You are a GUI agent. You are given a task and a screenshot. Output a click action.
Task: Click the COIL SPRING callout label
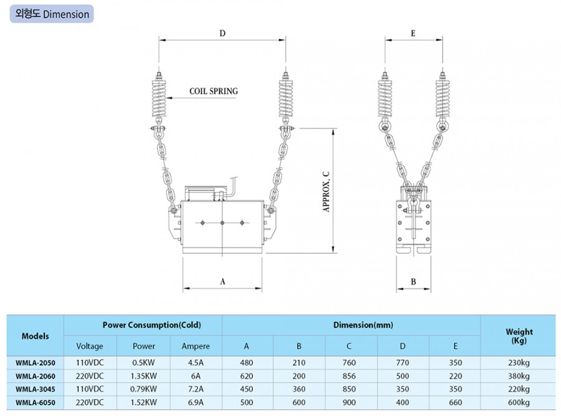click(x=214, y=91)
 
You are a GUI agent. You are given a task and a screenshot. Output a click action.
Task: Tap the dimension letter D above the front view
click(x=223, y=33)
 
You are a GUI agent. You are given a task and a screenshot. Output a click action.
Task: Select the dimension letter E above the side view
click(x=413, y=33)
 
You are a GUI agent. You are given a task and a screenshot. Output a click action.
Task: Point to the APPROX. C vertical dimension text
click(x=326, y=192)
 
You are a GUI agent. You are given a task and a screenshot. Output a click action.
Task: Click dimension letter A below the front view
click(x=223, y=282)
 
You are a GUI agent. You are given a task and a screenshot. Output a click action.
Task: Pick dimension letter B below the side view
click(x=413, y=282)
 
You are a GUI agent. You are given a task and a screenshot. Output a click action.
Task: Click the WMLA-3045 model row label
click(x=36, y=389)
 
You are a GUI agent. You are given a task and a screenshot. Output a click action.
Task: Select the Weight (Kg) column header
click(x=519, y=336)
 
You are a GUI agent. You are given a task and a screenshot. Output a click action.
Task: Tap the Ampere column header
click(x=196, y=346)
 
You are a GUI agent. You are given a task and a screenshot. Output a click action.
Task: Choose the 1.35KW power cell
click(x=143, y=376)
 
